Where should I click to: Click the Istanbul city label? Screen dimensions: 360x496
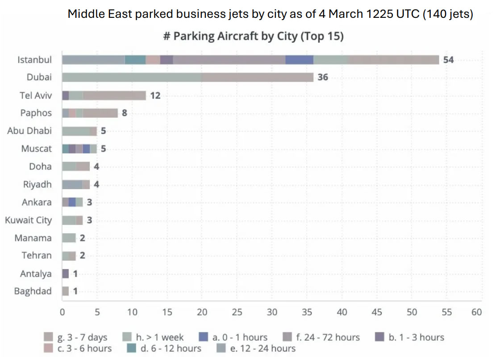click(x=34, y=60)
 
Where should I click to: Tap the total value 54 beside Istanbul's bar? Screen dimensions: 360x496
click(x=448, y=60)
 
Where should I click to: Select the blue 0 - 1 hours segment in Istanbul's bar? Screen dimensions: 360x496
click(x=299, y=60)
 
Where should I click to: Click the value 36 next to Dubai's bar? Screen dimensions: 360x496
click(x=322, y=78)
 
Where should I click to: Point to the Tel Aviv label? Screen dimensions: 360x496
click(x=35, y=95)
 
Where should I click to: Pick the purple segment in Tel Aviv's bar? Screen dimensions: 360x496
click(x=66, y=95)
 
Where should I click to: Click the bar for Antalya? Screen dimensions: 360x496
click(x=66, y=273)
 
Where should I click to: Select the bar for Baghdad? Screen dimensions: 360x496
click(x=66, y=291)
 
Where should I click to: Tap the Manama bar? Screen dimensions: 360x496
click(x=69, y=238)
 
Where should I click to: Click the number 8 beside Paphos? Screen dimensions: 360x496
click(x=125, y=113)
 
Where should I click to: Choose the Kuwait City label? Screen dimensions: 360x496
click(x=28, y=220)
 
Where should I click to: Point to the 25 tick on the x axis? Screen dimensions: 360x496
click(x=237, y=312)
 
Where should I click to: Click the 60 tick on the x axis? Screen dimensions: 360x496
click(x=476, y=312)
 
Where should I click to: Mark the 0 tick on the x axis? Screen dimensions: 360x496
click(x=63, y=312)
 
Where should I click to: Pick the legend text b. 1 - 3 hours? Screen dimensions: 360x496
click(x=416, y=337)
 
